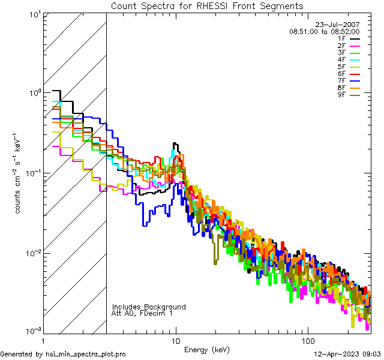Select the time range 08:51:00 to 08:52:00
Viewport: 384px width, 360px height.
tap(324, 31)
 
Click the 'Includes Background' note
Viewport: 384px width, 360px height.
tap(149, 307)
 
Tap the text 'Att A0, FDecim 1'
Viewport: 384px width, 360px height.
tap(142, 313)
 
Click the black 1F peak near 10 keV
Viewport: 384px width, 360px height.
tap(175, 145)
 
